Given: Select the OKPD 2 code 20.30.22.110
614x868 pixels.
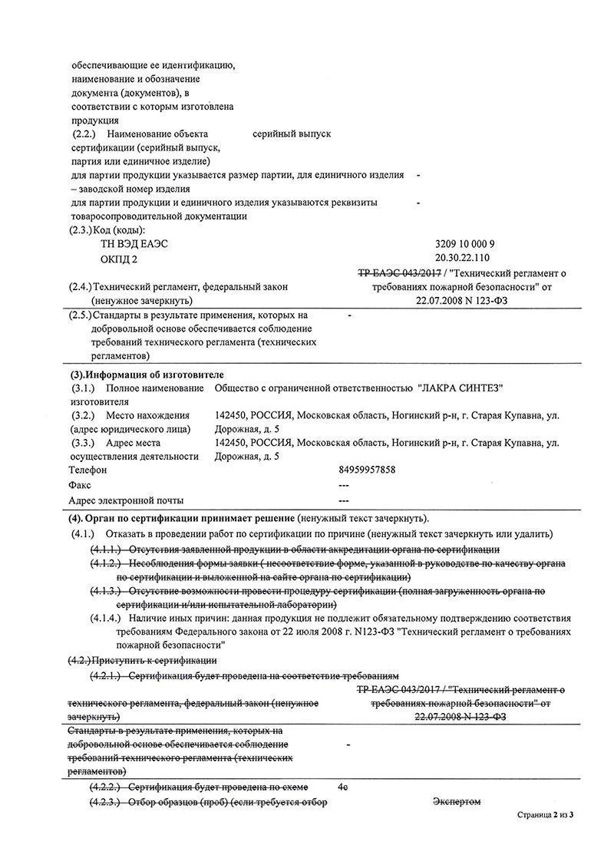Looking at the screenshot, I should click(462, 257).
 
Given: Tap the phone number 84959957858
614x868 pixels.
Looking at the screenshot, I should click(367, 470).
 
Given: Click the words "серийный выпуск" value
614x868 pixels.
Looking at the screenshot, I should click(292, 134).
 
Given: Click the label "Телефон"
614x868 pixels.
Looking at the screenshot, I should click(87, 470).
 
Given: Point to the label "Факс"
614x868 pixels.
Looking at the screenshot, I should click(80, 485).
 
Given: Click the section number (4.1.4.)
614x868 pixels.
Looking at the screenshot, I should click(106, 618).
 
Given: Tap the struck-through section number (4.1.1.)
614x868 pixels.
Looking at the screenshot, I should click(106, 550).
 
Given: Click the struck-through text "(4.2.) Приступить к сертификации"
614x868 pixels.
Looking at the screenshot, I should click(143, 660).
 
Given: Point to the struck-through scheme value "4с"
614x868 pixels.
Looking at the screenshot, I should click(343, 787).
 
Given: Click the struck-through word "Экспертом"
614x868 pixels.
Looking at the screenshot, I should click(457, 802).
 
